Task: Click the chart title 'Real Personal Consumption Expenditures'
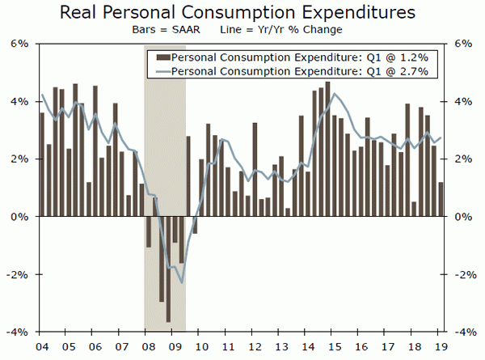pyautogui.click(x=242, y=13)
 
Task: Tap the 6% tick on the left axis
pyautogui.click(x=19, y=44)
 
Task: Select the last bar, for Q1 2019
pyautogui.click(x=441, y=200)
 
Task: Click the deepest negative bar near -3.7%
pyautogui.click(x=168, y=269)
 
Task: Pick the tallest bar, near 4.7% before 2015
pyautogui.click(x=327, y=149)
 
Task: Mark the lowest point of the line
pyautogui.click(x=183, y=282)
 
